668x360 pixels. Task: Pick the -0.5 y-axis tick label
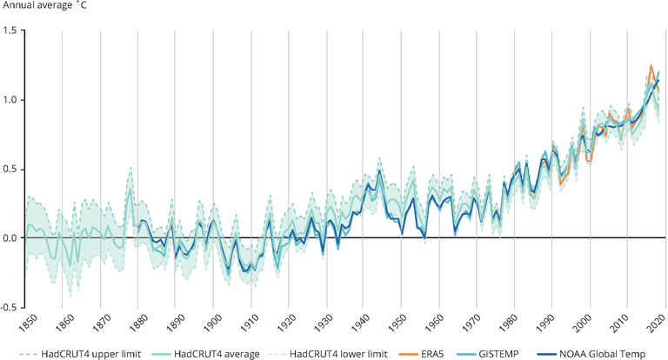tap(10, 307)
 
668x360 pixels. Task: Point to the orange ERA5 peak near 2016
tap(651, 66)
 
